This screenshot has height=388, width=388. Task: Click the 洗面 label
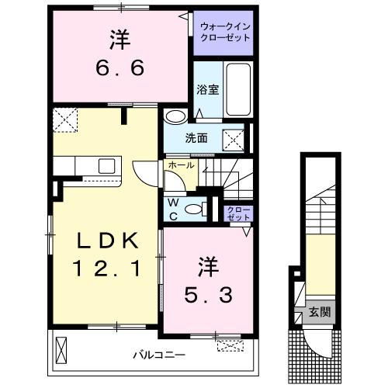click(196, 139)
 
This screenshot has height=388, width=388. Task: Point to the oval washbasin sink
click(175, 116)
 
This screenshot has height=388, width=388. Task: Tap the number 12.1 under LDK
click(107, 269)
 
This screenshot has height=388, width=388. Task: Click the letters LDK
click(107, 240)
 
